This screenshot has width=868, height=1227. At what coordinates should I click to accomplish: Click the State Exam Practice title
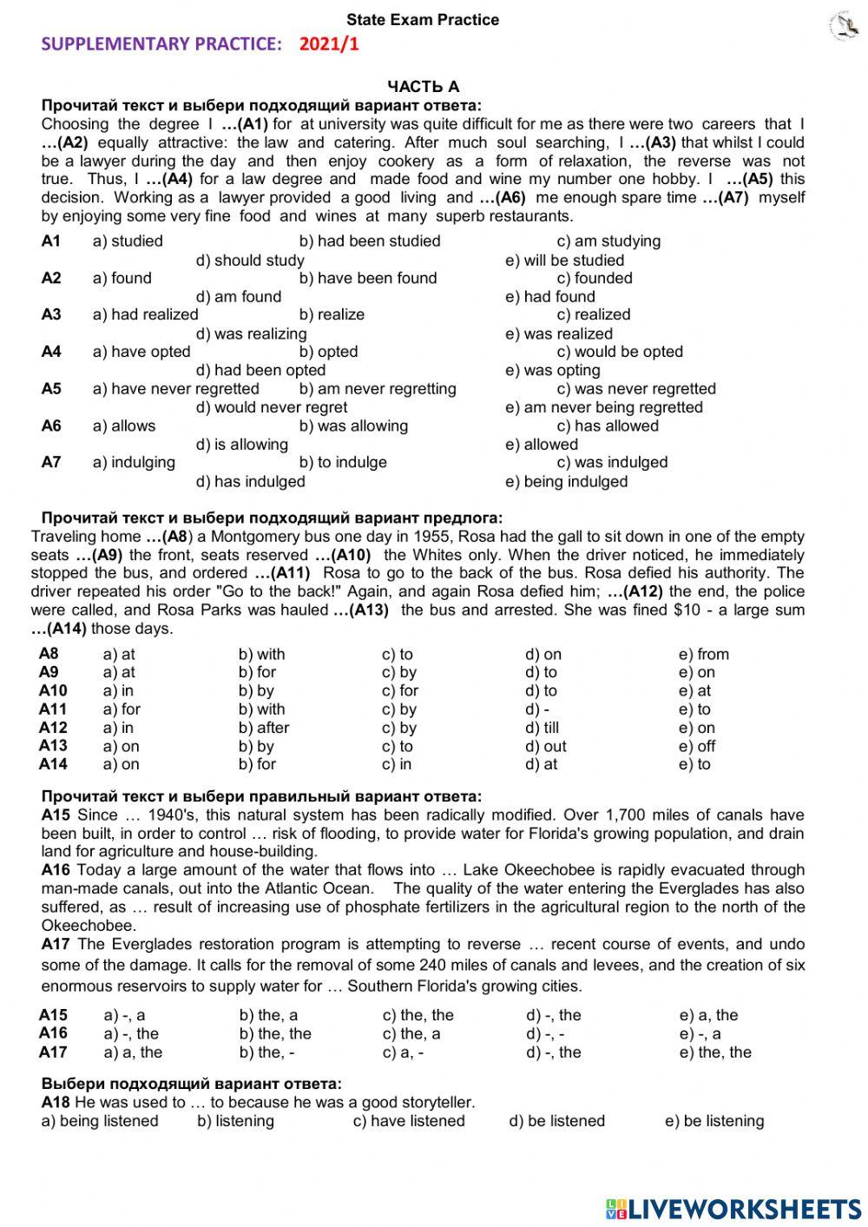423,20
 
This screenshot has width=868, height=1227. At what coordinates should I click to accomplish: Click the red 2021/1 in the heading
329,44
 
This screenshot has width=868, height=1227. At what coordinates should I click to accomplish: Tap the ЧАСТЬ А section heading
423,86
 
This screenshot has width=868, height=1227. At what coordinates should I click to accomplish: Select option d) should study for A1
250,260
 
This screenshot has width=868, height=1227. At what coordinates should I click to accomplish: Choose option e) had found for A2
549,297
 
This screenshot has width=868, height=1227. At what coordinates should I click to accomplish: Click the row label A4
51,352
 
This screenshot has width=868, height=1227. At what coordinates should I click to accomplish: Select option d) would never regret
271,407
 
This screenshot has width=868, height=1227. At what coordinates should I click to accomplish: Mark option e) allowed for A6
541,445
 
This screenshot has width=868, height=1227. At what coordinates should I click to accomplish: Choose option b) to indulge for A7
343,462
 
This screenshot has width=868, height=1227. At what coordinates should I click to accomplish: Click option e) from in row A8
703,654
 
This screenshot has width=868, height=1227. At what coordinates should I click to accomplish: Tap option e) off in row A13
697,746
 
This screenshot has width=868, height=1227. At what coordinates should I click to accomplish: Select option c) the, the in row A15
418,1015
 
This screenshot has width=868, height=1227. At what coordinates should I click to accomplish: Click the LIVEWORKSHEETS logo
733,1209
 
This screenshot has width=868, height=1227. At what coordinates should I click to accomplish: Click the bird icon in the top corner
844,26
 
